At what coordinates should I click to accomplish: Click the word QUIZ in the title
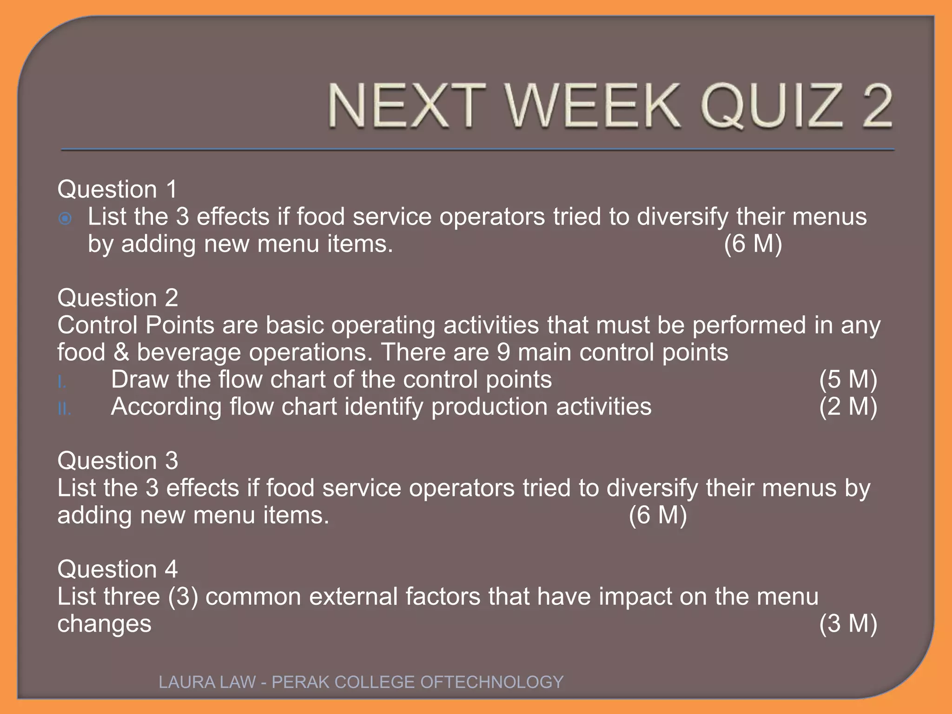click(771, 106)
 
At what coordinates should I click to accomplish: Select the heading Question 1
click(117, 189)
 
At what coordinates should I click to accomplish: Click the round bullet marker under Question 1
click(66, 218)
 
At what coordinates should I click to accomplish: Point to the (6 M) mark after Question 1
click(753, 244)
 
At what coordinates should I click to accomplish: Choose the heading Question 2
click(118, 297)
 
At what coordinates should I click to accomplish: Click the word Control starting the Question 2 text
click(98, 325)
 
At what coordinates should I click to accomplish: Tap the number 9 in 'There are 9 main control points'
click(503, 352)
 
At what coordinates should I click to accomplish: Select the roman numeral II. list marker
click(64, 409)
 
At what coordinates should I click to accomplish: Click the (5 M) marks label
click(848, 379)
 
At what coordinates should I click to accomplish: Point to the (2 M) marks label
click(848, 407)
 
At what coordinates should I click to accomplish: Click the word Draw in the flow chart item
click(139, 379)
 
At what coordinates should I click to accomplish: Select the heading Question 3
click(118, 461)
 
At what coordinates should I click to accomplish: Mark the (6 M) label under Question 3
click(657, 515)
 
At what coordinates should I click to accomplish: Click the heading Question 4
click(118, 569)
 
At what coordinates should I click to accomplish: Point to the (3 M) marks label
click(848, 623)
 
